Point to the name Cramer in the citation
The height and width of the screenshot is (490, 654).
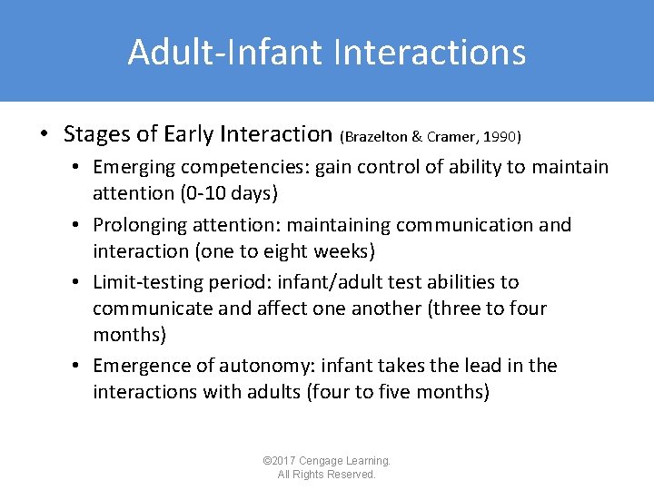(451, 137)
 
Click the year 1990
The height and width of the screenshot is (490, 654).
(500, 137)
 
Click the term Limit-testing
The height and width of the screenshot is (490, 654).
(145, 282)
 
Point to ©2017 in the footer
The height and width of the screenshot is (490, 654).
(276, 461)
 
